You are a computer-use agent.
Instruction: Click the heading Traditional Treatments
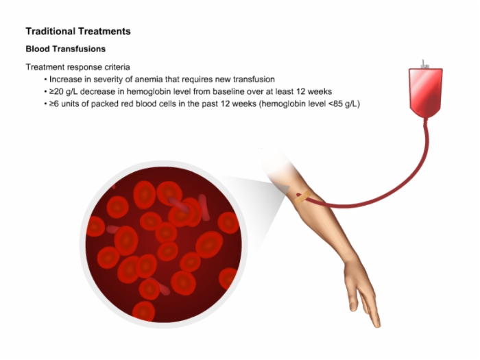tap(78, 32)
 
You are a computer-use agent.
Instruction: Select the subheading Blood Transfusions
tap(66, 49)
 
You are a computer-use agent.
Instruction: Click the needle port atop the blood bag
tap(424, 64)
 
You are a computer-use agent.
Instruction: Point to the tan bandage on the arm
tap(302, 197)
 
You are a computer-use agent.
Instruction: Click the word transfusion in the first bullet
tap(254, 80)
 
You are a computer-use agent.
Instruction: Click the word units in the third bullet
tap(70, 104)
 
